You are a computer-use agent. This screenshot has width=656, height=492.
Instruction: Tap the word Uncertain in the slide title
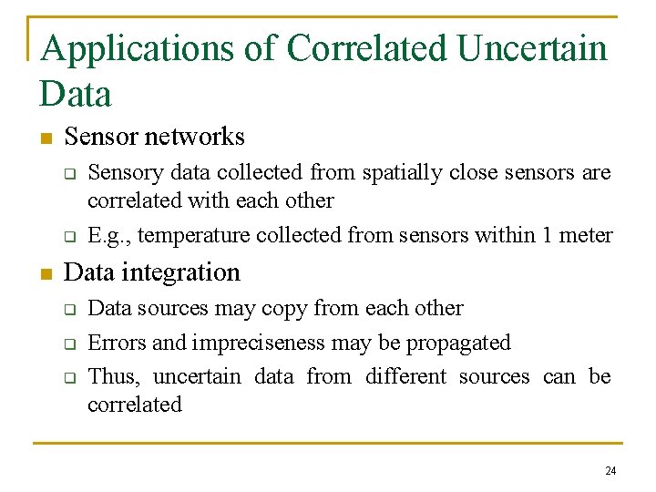coord(531,47)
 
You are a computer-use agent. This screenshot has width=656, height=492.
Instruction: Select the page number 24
coord(610,471)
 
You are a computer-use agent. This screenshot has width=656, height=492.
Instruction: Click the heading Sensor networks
coord(154,137)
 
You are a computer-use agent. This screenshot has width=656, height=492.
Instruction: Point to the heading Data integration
coord(152,272)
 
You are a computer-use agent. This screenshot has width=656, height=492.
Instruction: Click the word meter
coord(586,235)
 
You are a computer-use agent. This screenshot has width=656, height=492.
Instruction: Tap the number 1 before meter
coord(547,235)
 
